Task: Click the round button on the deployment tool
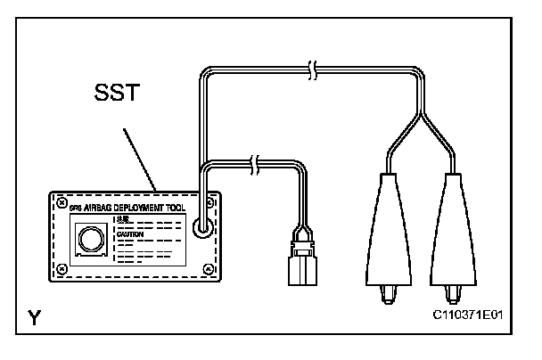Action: (91, 239)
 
